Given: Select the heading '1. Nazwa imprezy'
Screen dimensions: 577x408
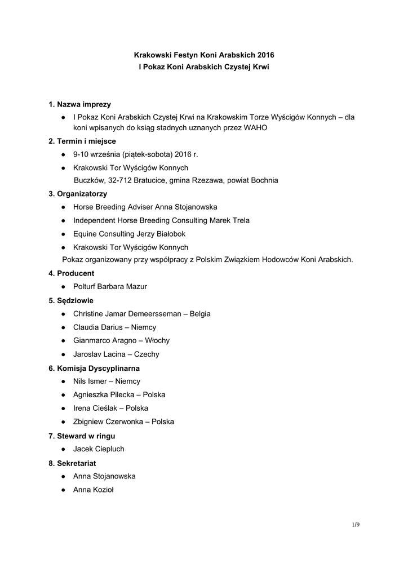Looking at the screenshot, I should [79, 104].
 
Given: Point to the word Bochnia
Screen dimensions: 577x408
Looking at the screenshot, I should [264, 180].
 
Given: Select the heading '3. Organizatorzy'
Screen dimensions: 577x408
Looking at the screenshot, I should [78, 194].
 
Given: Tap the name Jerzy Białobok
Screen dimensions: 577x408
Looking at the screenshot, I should [161, 234].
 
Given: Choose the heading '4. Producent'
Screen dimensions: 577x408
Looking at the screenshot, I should [71, 273].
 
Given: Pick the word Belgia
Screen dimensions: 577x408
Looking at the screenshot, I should [200, 314].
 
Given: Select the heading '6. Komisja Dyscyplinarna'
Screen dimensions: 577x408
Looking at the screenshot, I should [94, 368].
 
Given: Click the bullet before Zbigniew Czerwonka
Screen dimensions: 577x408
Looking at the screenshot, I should [64, 421].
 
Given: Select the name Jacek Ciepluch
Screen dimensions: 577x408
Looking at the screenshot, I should [99, 449].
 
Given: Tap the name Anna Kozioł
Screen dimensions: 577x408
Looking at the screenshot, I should [94, 490].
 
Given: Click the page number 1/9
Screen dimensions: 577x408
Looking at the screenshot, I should [355, 525].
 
